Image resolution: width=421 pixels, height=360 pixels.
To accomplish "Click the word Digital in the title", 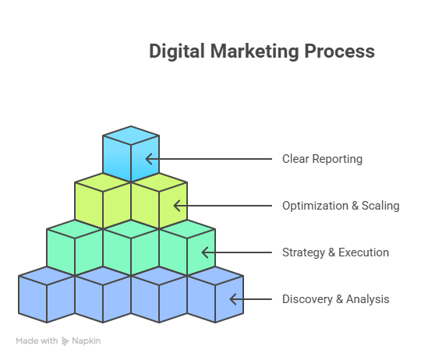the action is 177,51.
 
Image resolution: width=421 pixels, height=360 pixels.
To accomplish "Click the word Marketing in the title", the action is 254,51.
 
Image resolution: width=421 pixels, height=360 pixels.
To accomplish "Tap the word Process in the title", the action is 339,51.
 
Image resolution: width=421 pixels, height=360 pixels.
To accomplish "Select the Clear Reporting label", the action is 322,159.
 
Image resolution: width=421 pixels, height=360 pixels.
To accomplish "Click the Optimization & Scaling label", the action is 341,206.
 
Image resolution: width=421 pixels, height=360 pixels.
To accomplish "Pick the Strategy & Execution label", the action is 335,252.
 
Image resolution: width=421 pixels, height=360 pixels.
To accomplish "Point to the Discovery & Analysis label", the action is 335,299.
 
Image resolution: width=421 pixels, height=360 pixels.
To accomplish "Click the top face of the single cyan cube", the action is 131,136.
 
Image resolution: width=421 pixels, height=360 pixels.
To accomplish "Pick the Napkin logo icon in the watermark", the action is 65,341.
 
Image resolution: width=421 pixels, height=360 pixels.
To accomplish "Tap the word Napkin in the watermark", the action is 87,341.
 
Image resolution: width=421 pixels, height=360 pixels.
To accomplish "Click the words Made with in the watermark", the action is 37,341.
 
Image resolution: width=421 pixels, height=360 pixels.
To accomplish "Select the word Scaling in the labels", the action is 380,206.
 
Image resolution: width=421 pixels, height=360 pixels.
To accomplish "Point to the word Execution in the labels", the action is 363,252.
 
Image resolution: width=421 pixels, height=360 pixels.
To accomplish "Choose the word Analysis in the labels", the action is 367,299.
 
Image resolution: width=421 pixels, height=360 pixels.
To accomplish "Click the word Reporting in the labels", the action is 338,159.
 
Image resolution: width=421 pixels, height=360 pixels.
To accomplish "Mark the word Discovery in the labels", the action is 307,299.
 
